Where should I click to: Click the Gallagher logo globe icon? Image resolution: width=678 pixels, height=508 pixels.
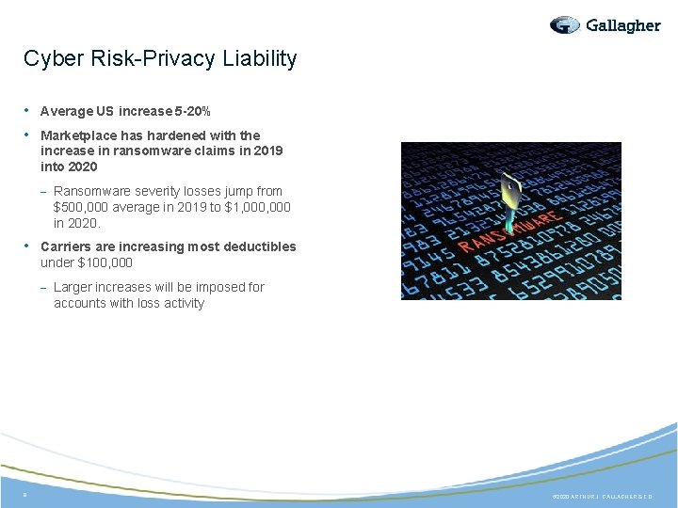pyautogui.click(x=565, y=25)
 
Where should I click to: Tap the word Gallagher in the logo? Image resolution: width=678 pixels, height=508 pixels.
pyautogui.click(x=622, y=25)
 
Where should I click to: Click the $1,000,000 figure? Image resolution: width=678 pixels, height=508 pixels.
pyautogui.click(x=256, y=207)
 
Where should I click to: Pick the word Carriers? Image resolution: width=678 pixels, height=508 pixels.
pyautogui.click(x=66, y=246)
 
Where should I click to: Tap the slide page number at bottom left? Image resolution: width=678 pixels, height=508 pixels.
pyautogui.click(x=25, y=494)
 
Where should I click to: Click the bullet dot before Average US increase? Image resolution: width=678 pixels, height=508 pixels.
pyautogui.click(x=28, y=111)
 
